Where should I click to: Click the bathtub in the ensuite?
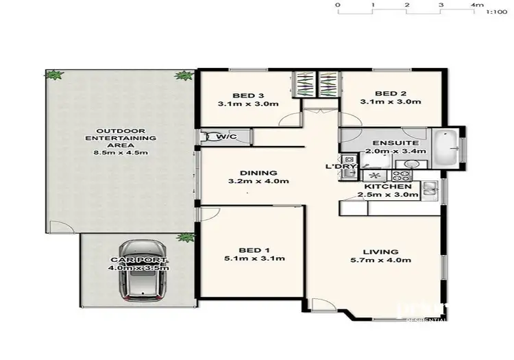click(x=450, y=145)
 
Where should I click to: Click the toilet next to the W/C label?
click(x=206, y=137)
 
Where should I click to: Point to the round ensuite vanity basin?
click(x=410, y=164)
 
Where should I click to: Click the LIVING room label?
click(x=391, y=252)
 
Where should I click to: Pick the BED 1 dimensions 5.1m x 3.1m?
click(x=252, y=259)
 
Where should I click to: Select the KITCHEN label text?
click(x=388, y=187)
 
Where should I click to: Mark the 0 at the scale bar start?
click(x=337, y=5)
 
